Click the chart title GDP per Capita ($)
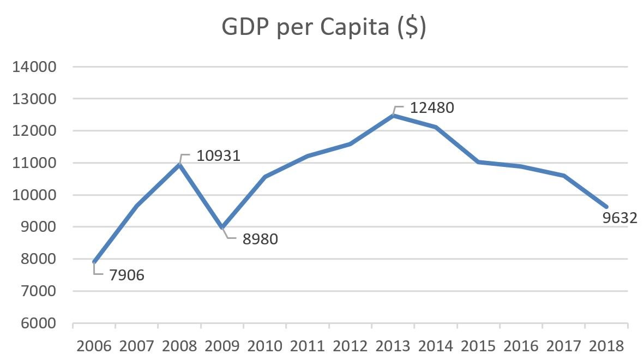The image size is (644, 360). pos(323,28)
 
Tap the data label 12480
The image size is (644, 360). pos(431,107)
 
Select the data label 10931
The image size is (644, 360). pos(218,156)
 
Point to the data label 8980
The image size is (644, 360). pos(261,239)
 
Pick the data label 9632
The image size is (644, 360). pos(619,218)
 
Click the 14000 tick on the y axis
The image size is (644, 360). pos(37,67)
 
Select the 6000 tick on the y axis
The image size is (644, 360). pos(37,323)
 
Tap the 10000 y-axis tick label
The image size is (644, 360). pos(37,195)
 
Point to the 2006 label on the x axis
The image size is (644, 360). pos(94,346)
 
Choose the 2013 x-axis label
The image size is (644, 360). pos(393,346)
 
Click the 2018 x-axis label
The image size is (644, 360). pos(606,346)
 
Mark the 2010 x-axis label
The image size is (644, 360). pos(265,346)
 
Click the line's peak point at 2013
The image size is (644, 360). pos(393,115)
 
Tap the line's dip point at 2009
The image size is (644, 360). pos(222,227)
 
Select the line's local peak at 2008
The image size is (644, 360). pos(180,165)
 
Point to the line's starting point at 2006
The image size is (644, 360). pos(94,262)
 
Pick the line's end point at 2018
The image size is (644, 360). pos(606,207)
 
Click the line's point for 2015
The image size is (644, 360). pos(478,162)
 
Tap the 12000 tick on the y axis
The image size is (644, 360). pos(37,131)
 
